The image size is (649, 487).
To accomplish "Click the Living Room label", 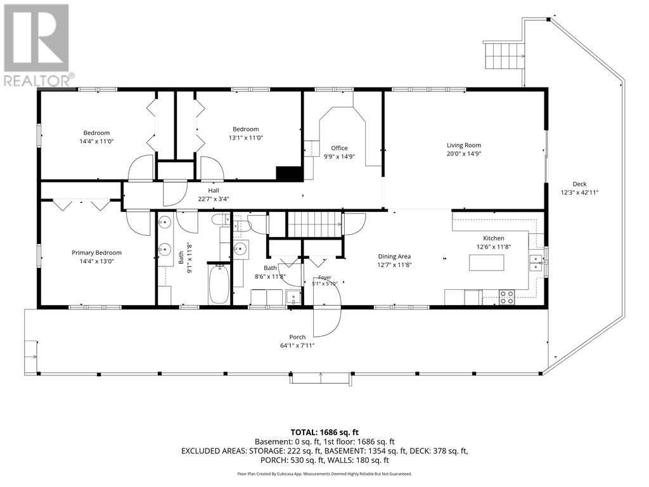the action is click(463, 145).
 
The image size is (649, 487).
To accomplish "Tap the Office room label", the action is click(339, 148).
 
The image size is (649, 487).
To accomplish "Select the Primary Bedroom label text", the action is click(96, 253).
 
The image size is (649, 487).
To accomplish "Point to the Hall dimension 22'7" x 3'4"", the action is click(214, 198).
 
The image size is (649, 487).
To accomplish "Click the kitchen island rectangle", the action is click(486, 263).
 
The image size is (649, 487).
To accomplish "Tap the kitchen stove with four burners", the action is click(506, 297).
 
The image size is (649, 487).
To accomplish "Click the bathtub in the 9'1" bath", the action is click(219, 286).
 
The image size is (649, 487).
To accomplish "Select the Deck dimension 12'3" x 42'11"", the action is click(579, 193).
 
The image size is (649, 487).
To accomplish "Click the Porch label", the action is click(297, 337).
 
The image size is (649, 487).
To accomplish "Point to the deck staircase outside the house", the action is click(504, 55).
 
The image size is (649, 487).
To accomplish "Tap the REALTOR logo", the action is click(37, 45).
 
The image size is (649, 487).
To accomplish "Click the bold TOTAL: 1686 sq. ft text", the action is click(324, 433).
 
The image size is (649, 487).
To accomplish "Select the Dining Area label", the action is click(394, 257).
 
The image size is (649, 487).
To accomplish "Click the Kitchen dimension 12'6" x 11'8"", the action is click(494, 247).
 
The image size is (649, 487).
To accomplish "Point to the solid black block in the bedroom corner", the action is click(290, 173).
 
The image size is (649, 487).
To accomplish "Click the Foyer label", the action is click(325, 278).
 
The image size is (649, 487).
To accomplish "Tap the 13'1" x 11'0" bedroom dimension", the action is click(246, 138).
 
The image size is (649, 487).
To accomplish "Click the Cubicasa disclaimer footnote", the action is click(324, 474).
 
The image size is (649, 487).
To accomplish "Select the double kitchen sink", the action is click(536, 263).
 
